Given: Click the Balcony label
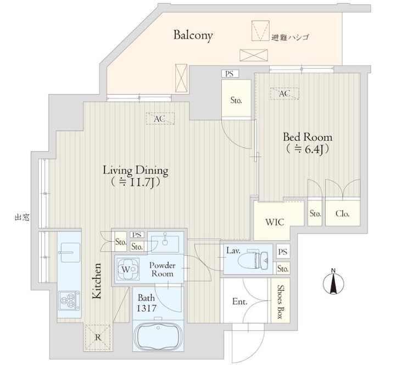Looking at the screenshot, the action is pos(193,36).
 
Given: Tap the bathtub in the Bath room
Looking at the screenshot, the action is pos(158,336).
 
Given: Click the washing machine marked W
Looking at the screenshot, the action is pos(129,269).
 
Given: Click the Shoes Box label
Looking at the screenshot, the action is pos(280,302).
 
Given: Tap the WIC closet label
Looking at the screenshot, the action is pos(275,222).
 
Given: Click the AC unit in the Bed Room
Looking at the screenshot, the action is pos(285,93).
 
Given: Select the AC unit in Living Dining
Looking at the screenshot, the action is pos(160,118).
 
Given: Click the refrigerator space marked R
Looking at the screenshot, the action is pos(98,337).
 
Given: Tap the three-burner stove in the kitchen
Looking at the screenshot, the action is pos(69,301).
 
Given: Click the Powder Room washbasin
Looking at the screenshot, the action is pos(165,243).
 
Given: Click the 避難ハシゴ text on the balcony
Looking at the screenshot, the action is pos(291,38).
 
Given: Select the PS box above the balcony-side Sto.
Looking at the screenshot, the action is pos(230,74).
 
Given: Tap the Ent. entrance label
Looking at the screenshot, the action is pos(239,302).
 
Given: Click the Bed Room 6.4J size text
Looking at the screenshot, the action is pos(307,150).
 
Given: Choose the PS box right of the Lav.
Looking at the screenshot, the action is pos(283,252).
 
